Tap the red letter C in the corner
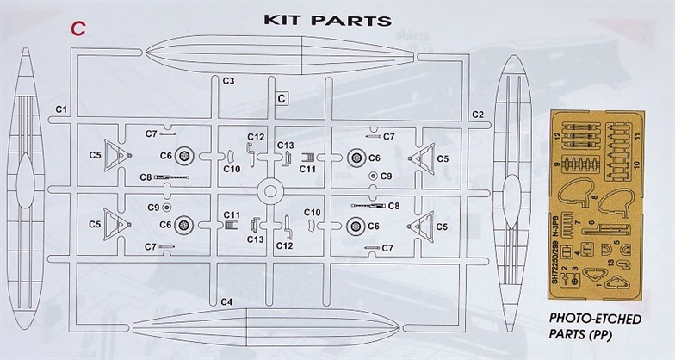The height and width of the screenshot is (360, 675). coord(77,28)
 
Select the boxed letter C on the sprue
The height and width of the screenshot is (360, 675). coord(282,99)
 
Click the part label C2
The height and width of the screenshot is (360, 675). coord(478,114)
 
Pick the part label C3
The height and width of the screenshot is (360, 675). coord(229,81)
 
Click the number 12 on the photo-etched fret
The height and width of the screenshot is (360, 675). coord(559,136)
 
